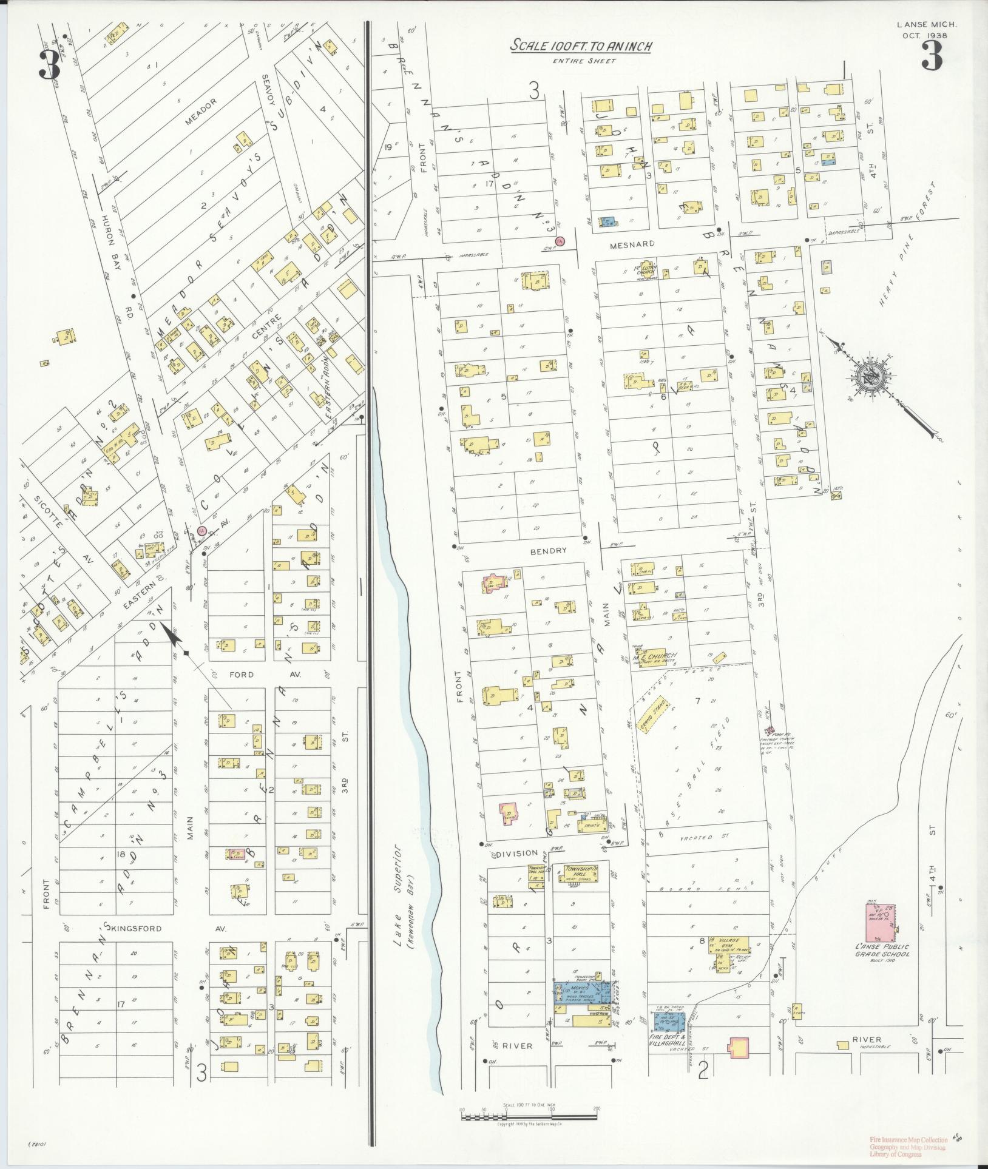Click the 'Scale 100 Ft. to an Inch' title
tap(580, 45)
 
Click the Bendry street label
tap(548, 551)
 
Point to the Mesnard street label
tap(637, 244)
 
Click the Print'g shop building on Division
tap(591, 826)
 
